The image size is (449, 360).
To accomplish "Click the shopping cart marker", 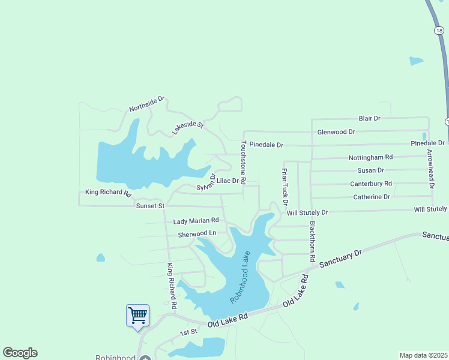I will [x=137, y=315].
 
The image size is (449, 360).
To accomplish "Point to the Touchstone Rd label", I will [x=244, y=158].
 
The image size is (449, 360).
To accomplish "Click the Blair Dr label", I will [x=370, y=119].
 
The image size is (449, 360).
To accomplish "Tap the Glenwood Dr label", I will [x=336, y=132].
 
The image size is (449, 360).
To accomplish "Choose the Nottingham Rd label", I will [x=370, y=157].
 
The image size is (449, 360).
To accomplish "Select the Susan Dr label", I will [x=370, y=170].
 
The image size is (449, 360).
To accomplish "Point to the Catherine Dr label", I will [x=371, y=197].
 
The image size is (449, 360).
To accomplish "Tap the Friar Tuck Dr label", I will [x=285, y=186].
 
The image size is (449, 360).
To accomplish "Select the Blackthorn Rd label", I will [x=312, y=241].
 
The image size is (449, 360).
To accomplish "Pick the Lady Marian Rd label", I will [x=196, y=221].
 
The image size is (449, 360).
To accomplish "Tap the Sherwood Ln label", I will [x=196, y=233].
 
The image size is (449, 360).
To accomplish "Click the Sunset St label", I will [x=150, y=206].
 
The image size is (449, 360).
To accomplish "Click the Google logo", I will [x=20, y=353].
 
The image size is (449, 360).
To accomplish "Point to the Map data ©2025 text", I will [x=423, y=355].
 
